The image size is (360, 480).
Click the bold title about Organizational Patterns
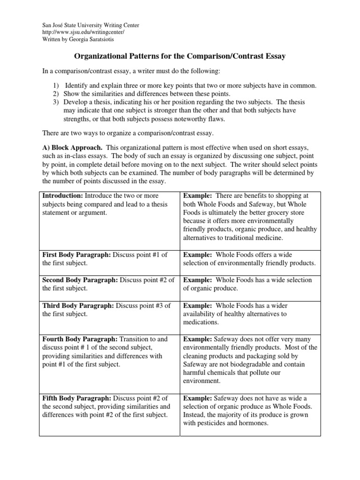(180, 56)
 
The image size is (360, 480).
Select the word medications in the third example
(201, 322)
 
